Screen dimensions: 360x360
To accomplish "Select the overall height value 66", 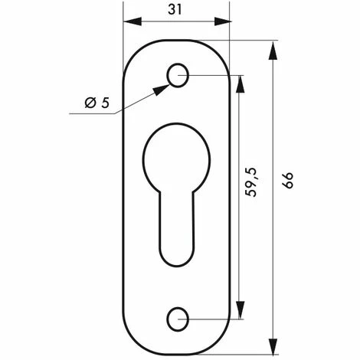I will (289, 182).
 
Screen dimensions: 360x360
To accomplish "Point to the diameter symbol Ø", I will (88, 102).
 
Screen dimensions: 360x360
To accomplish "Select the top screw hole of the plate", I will (178, 75).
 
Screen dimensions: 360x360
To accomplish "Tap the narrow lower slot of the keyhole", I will (177, 230).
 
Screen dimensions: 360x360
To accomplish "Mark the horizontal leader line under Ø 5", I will (92, 114).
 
